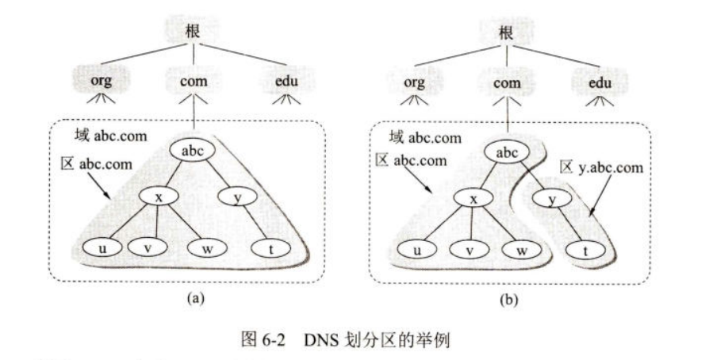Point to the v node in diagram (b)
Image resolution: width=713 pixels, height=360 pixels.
click(467, 251)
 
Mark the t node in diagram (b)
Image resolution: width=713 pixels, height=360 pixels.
click(585, 252)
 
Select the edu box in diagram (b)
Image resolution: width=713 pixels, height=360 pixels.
click(601, 82)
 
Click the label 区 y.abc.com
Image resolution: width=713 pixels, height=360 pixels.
click(601, 167)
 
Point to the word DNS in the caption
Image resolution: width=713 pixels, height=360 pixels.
click(316, 342)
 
